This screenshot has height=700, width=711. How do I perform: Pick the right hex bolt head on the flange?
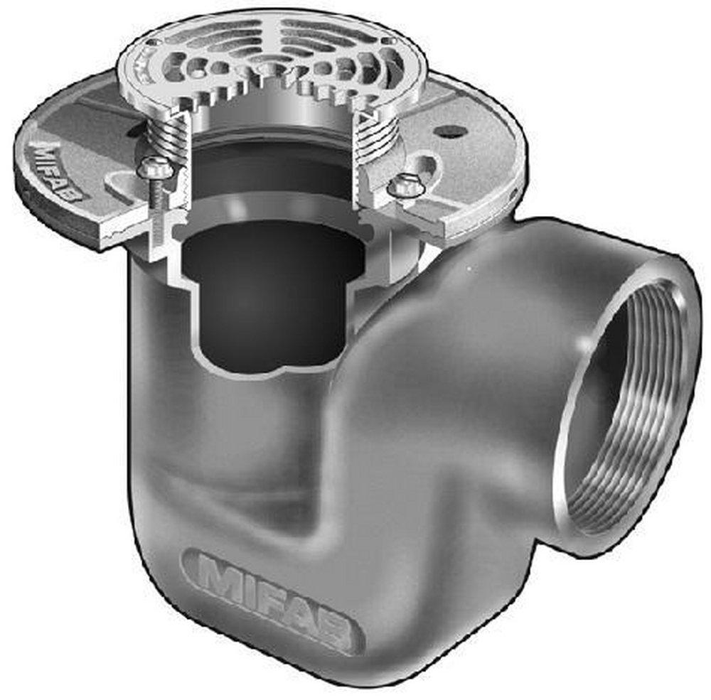[x=406, y=185]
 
